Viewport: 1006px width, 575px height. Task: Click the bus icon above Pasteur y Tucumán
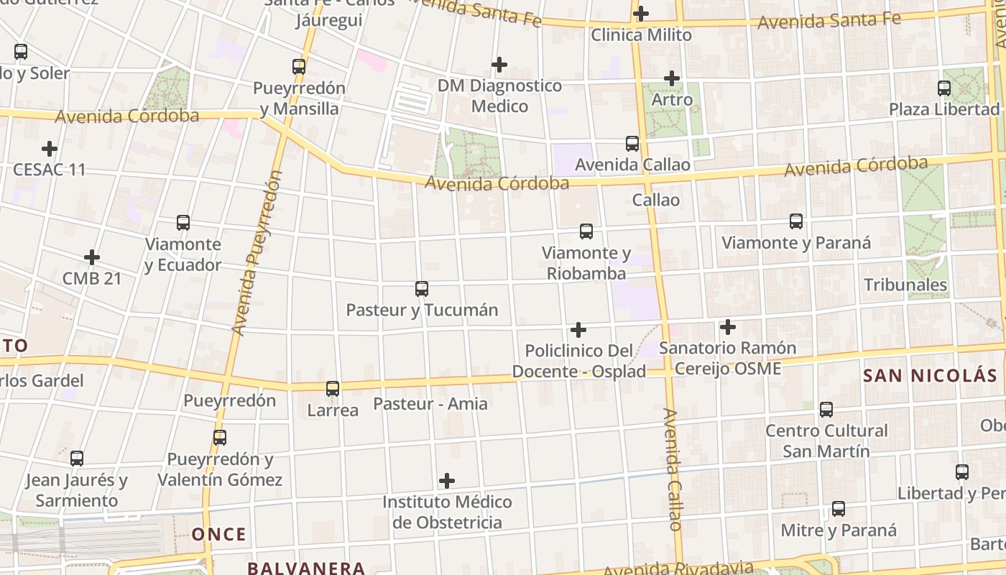click(x=422, y=289)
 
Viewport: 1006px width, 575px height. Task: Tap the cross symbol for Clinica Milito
click(x=640, y=14)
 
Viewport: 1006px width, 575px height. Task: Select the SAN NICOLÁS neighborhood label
click(x=930, y=375)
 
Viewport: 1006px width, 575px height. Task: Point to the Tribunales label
click(x=905, y=285)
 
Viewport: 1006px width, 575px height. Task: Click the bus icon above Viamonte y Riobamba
click(x=586, y=231)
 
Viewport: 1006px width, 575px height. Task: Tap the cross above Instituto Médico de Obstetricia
click(x=447, y=480)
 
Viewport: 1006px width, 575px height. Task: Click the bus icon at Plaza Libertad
click(x=944, y=88)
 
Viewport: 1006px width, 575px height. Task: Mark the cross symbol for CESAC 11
click(x=50, y=149)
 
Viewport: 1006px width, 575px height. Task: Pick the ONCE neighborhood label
click(x=219, y=534)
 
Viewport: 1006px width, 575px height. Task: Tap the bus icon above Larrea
click(x=333, y=389)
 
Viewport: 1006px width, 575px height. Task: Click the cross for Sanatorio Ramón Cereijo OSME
click(x=728, y=327)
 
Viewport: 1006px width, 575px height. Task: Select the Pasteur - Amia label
click(x=430, y=404)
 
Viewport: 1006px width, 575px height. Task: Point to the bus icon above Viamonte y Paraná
click(x=796, y=221)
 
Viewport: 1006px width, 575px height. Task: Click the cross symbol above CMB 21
click(x=92, y=257)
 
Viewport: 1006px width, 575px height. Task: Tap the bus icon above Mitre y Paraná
click(x=839, y=509)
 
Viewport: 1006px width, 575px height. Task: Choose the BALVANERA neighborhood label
click(x=306, y=568)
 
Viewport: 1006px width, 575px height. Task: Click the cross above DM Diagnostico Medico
click(x=499, y=65)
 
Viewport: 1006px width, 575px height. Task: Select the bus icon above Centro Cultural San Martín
click(x=826, y=410)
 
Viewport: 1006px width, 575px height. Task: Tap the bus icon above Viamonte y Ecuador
click(x=183, y=223)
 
